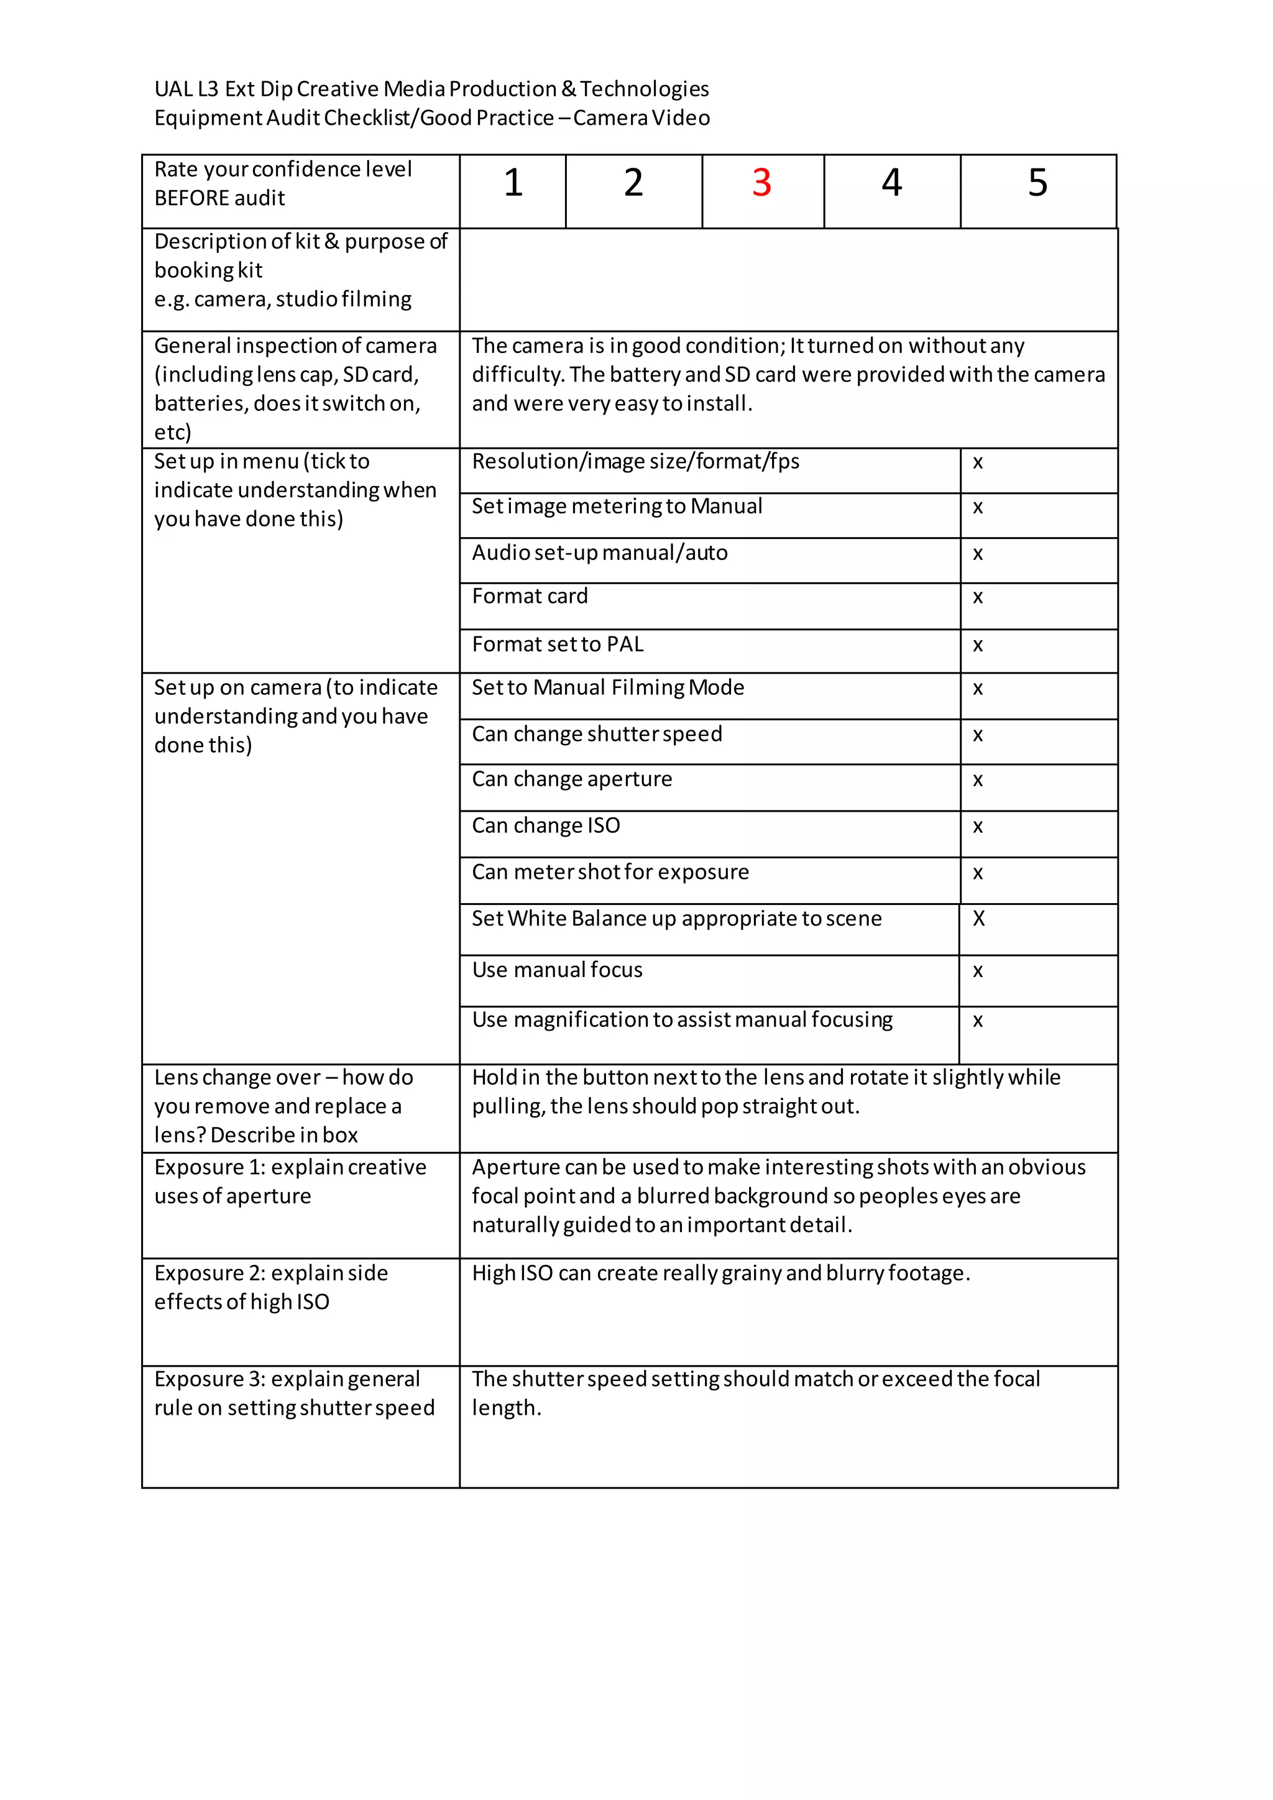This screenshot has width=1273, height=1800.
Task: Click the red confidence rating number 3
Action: (x=761, y=183)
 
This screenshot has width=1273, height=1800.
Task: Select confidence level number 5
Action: (x=1037, y=183)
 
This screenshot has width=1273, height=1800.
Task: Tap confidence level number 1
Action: (x=513, y=183)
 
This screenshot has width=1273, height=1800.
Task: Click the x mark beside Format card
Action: (x=978, y=598)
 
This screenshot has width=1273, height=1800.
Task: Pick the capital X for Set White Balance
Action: (x=978, y=919)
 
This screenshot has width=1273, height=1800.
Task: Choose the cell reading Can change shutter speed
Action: (x=597, y=735)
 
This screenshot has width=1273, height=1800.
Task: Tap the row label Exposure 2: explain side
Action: (x=270, y=1273)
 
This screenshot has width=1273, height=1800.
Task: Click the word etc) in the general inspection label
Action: (x=172, y=432)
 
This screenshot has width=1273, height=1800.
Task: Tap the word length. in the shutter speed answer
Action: (x=507, y=1409)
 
